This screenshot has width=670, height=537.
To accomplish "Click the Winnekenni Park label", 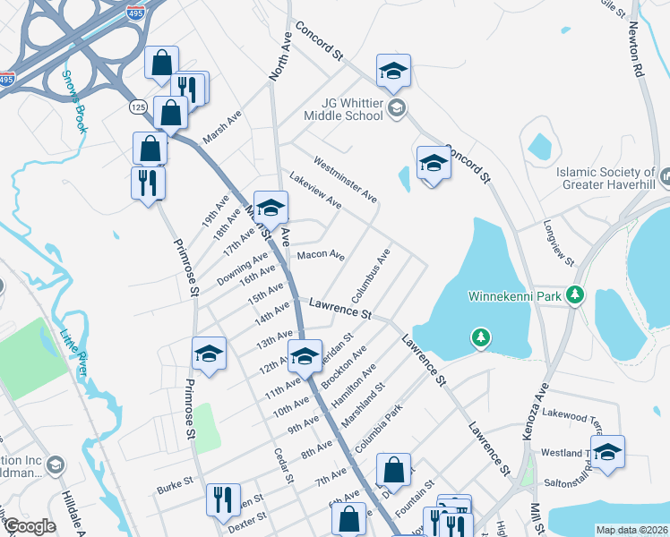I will point(516,294).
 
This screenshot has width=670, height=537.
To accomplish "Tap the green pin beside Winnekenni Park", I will point(579,294).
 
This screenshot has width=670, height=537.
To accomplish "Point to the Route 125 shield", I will point(138,107).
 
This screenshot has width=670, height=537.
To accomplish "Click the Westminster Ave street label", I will point(345,179).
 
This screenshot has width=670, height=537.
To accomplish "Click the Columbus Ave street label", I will point(371,276).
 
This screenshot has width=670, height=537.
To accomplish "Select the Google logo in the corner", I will point(30,526).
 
